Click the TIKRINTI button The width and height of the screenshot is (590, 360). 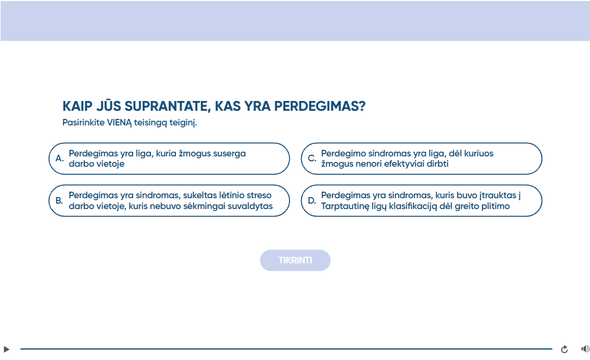click(x=295, y=260)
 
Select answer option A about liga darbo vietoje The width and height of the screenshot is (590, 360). click(x=169, y=159)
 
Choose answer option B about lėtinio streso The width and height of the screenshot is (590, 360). click(x=169, y=200)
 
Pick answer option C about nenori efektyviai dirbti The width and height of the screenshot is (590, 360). click(x=422, y=159)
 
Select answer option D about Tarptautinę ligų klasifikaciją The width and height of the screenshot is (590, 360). click(x=422, y=200)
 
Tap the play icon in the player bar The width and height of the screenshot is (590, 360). click(x=7, y=349)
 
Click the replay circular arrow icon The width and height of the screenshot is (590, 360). click(x=564, y=349)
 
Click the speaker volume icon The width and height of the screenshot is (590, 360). click(x=585, y=349)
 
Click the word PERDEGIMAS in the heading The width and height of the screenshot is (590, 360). click(x=319, y=106)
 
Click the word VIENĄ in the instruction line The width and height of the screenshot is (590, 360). click(x=120, y=123)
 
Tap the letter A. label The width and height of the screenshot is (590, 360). click(x=59, y=159)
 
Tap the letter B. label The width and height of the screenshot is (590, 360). click(x=59, y=200)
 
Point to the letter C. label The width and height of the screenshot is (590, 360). click(x=312, y=159)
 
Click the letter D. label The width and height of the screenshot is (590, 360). click(x=312, y=200)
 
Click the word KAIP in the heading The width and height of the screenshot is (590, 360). click(x=77, y=106)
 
